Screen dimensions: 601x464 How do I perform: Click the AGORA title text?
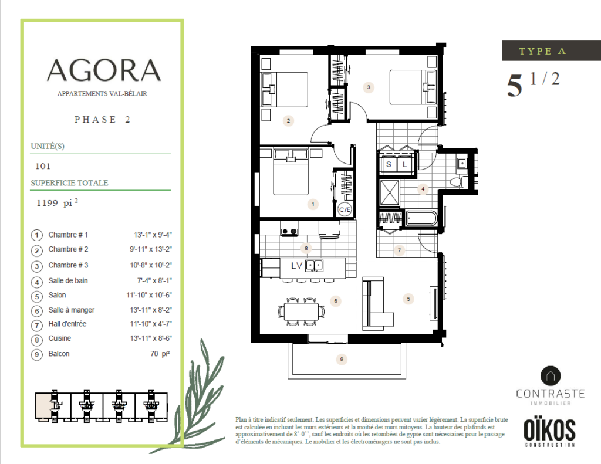[x=103, y=70]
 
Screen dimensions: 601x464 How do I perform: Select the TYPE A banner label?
[x=542, y=51]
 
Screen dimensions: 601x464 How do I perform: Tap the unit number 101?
[x=43, y=166]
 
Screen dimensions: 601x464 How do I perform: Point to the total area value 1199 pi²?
[x=57, y=202]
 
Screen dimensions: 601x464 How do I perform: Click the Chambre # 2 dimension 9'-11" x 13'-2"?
[x=151, y=249]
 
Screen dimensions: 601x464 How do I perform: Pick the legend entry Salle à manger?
[x=71, y=310]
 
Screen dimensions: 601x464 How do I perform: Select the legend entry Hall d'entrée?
[x=67, y=324]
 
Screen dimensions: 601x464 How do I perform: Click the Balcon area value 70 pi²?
[x=160, y=354]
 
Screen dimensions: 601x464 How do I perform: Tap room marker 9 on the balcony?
[x=342, y=360]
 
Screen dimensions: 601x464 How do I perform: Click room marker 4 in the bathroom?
[x=423, y=189]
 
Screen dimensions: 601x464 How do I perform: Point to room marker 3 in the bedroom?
[x=369, y=87]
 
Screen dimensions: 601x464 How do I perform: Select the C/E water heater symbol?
[x=345, y=209]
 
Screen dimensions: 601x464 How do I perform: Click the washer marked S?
[x=389, y=164]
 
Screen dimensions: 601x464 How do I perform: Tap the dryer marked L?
[x=405, y=164]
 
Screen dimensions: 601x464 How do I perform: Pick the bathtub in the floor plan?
[x=421, y=219]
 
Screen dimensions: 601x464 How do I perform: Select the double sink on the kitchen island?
[x=315, y=266]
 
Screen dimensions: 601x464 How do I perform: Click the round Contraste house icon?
[x=551, y=376]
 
